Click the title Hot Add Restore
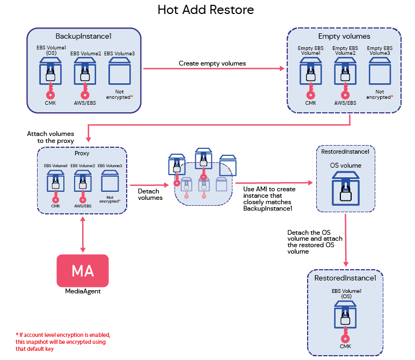point(206,10)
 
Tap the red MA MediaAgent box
point(83,270)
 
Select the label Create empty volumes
point(212,63)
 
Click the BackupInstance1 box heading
point(84,37)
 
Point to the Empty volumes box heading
point(344,37)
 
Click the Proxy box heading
point(82,153)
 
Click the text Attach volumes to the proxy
point(50,136)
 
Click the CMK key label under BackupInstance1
point(49,103)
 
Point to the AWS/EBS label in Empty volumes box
point(345,103)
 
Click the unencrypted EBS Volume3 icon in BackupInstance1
point(119,70)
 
